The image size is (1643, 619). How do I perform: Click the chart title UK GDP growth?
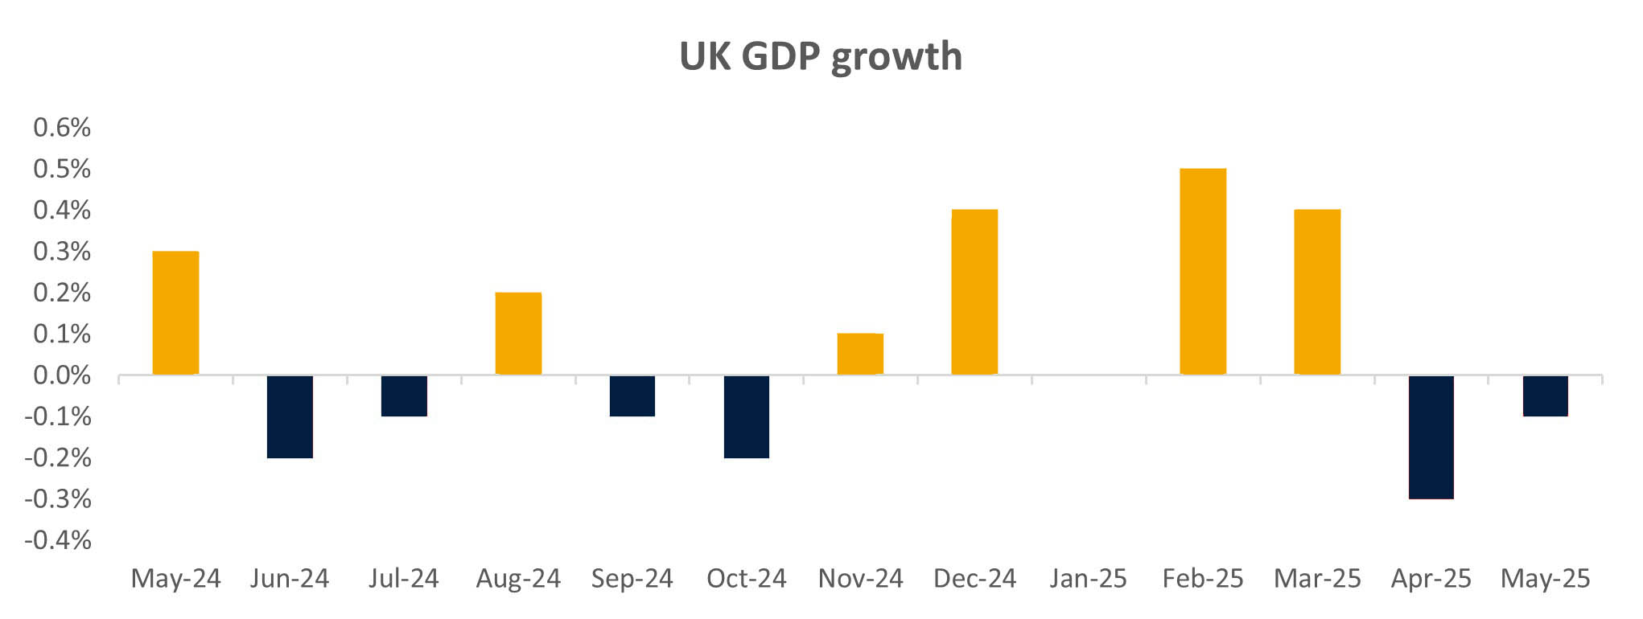(821, 56)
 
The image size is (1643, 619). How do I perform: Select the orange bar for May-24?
(175, 313)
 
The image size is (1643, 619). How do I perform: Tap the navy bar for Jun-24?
(290, 416)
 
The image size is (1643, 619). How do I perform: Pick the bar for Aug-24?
(518, 334)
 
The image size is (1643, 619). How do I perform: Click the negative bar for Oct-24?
(747, 416)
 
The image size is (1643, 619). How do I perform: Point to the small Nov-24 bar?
(860, 354)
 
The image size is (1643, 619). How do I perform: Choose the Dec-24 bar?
(974, 292)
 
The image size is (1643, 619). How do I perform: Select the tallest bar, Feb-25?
(1203, 272)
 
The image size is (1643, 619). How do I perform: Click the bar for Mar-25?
(1317, 292)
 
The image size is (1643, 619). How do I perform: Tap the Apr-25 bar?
(1431, 437)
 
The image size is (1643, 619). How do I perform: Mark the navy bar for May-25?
(1546, 396)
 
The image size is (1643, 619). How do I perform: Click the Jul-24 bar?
(404, 396)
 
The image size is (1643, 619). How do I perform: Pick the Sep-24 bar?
(632, 396)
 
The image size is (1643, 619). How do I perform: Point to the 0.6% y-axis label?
(62, 128)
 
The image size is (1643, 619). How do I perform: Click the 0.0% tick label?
(62, 375)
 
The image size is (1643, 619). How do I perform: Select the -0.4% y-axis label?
(58, 540)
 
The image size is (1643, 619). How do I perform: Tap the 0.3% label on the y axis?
(62, 252)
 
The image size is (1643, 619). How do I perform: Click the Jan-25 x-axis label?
(1089, 579)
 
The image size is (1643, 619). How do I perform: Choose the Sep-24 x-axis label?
(632, 579)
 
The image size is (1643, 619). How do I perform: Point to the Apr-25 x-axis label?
(1431, 579)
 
